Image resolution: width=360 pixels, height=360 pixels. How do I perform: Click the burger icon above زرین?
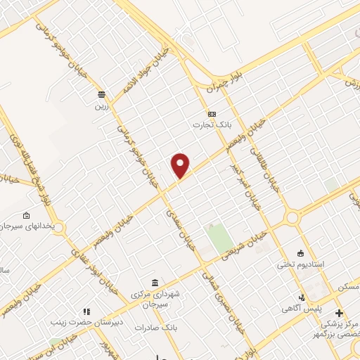(103, 94)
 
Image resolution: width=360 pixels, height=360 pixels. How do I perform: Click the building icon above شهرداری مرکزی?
(155, 283)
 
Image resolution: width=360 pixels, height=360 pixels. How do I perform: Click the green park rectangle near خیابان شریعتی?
(220, 238)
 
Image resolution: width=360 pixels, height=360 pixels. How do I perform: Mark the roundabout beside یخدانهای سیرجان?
(57, 229)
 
